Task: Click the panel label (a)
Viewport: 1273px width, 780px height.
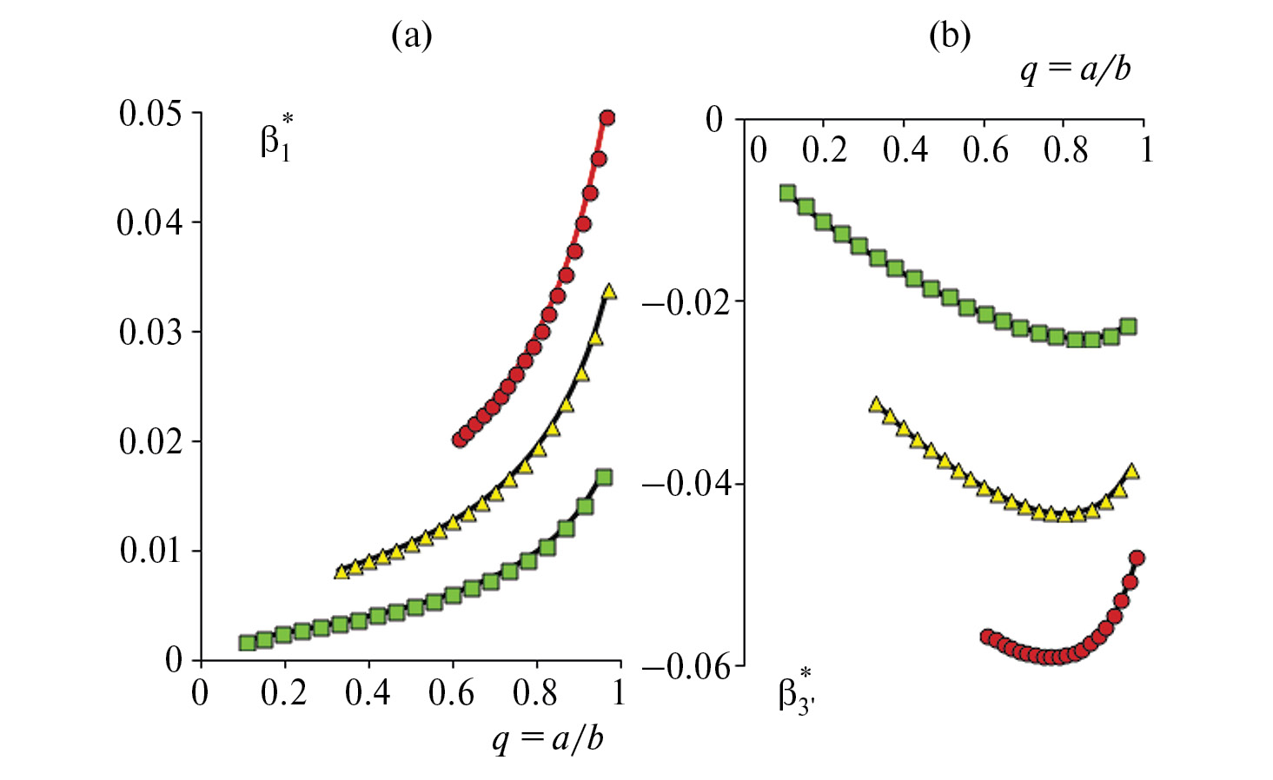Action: (411, 36)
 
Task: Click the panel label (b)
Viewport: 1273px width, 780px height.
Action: (949, 36)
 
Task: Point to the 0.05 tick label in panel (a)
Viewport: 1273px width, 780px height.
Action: (150, 113)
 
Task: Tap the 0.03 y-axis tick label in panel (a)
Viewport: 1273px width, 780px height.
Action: (150, 332)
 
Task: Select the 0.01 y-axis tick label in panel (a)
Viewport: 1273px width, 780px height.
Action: (150, 550)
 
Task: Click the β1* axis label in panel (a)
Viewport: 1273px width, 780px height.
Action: (276, 139)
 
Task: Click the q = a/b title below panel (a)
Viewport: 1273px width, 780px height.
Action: (547, 738)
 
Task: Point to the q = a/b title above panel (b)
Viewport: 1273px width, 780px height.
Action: (1076, 69)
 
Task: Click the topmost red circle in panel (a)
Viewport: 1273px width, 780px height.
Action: (607, 118)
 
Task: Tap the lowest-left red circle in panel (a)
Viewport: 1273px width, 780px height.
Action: (460, 440)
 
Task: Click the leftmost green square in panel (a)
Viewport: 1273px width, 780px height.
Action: (247, 643)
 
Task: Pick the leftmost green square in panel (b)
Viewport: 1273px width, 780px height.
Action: (788, 193)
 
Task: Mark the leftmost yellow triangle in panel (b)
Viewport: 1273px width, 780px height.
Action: (876, 404)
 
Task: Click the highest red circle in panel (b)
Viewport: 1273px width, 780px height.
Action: (1136, 558)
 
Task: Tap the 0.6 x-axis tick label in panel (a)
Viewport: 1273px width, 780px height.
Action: (452, 693)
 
